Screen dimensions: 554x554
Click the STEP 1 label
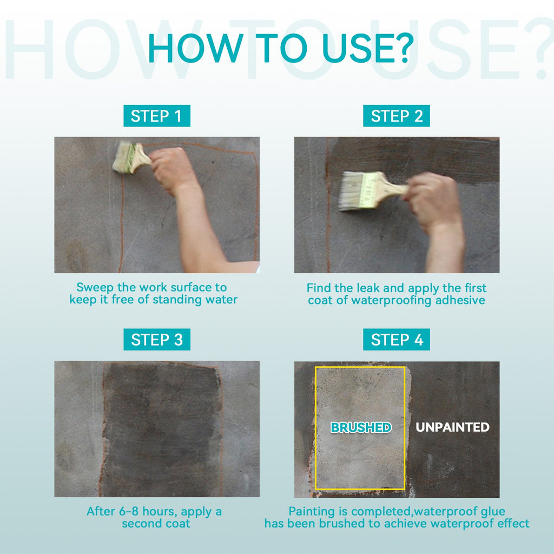coord(156,116)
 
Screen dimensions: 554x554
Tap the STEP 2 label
coord(397,116)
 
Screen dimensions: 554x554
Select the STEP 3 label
coord(156,340)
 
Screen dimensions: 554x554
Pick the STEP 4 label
coord(397,340)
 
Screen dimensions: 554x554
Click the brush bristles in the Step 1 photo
coord(122,157)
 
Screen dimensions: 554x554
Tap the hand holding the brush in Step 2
coord(432,200)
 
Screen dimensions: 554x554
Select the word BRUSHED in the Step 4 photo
coord(361,427)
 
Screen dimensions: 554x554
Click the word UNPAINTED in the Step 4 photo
coord(453,427)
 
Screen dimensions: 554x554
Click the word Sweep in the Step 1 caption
coord(95,288)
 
